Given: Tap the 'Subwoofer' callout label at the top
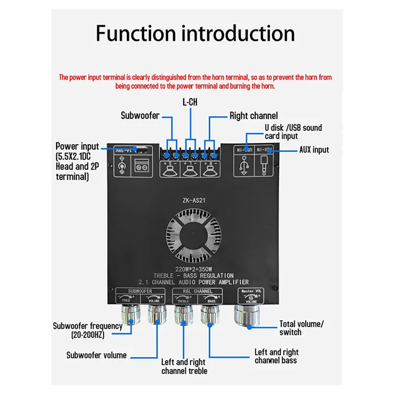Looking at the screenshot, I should [x=140, y=116].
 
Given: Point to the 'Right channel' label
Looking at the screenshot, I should [x=254, y=116].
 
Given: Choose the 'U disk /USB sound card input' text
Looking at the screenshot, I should [x=293, y=131].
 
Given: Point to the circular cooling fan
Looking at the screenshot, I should [x=190, y=233].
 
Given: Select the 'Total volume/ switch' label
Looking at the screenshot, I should [x=301, y=328].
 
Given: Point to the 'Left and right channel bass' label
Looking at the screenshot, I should [x=276, y=356].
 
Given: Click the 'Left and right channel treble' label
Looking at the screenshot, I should [x=184, y=366].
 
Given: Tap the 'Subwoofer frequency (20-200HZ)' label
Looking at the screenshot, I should [x=88, y=330].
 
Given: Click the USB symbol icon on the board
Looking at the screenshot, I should [x=244, y=164].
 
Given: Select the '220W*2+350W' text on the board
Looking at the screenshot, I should [x=190, y=269].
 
